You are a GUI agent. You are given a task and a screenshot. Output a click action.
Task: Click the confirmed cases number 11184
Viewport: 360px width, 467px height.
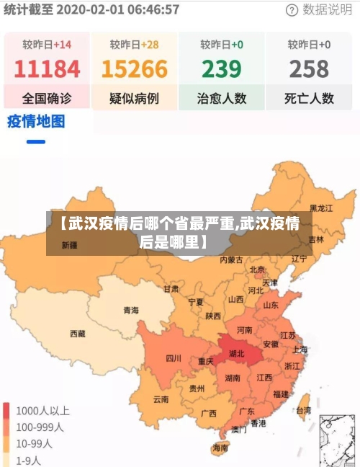click(x=47, y=70)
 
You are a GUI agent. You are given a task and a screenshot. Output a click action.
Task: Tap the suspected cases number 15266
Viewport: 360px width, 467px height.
click(x=134, y=70)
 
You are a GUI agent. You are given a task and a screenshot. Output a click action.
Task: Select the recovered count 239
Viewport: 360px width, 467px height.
click(x=221, y=70)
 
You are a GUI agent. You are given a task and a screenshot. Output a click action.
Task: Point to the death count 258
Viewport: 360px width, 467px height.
click(x=309, y=70)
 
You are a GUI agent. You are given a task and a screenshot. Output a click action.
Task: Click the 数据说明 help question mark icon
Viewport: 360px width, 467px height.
click(x=292, y=10)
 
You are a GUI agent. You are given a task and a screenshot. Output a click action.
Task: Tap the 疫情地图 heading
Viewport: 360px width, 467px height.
click(x=36, y=120)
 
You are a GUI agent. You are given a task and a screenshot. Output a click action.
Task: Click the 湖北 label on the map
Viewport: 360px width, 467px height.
click(x=236, y=354)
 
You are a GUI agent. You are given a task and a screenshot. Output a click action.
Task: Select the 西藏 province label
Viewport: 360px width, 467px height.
click(x=78, y=333)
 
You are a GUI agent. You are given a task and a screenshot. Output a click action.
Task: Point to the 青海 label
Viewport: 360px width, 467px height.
click(x=130, y=311)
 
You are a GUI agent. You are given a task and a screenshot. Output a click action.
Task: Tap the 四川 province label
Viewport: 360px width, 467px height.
click(x=173, y=357)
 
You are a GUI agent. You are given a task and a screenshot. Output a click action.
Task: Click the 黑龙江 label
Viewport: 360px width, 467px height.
click(x=321, y=208)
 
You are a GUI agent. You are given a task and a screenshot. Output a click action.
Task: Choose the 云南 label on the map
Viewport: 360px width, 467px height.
click(x=161, y=399)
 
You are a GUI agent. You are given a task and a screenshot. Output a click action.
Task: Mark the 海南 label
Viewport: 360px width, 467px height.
click(x=220, y=447)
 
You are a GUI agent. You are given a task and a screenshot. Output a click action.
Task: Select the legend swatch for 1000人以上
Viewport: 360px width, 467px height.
click(x=7, y=411)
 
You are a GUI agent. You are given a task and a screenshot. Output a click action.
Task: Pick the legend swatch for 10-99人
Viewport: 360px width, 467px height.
click(x=7, y=443)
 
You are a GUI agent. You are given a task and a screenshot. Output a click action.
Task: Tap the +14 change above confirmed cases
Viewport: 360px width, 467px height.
click(x=62, y=45)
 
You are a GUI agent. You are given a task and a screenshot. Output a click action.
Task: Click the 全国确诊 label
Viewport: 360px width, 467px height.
click(x=47, y=98)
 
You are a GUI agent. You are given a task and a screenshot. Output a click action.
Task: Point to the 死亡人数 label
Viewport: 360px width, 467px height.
click(x=309, y=98)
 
